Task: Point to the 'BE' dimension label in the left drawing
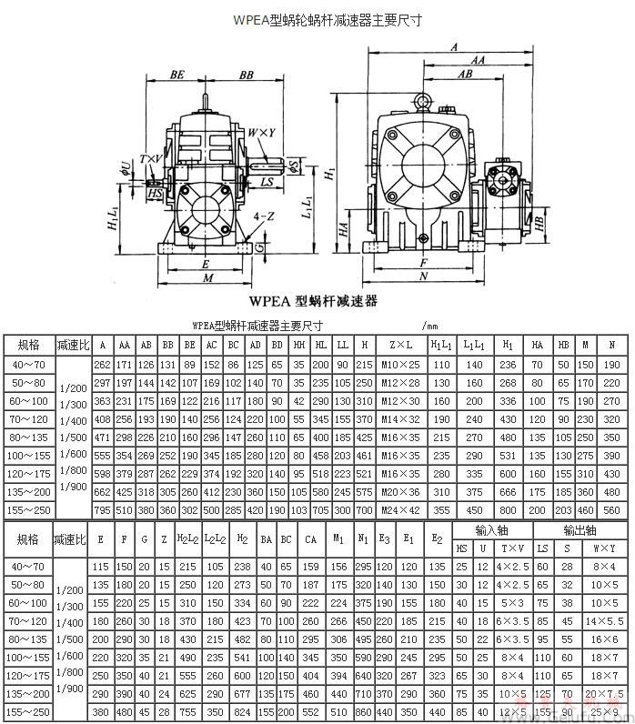coord(177,76)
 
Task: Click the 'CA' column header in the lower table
coord(311,538)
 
